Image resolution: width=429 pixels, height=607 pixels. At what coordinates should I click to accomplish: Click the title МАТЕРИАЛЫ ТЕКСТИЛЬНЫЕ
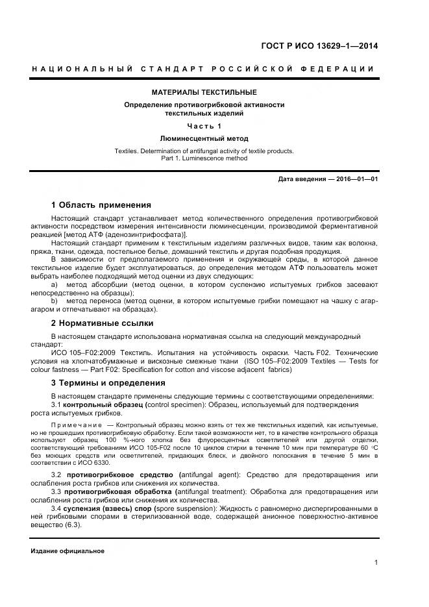(204, 92)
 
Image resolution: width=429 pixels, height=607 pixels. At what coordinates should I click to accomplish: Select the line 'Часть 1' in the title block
(204, 125)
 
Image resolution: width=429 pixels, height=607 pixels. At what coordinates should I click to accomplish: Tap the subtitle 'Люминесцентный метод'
(204, 138)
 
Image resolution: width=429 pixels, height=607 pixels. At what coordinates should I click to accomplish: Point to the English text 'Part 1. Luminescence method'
(204, 158)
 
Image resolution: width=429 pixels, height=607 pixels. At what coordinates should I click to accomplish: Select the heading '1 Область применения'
(101, 205)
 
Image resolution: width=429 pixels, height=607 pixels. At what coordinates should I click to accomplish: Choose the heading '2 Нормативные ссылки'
(102, 323)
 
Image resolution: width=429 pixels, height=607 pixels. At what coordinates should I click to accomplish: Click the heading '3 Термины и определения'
(108, 383)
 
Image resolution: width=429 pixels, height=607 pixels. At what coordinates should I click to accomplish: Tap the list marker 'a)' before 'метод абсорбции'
(55, 284)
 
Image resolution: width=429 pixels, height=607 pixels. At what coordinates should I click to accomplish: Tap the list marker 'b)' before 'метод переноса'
(55, 301)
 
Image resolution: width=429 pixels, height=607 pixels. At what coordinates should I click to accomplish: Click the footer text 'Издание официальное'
(67, 551)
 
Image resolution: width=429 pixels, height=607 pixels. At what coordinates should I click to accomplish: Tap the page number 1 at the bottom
(376, 563)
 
